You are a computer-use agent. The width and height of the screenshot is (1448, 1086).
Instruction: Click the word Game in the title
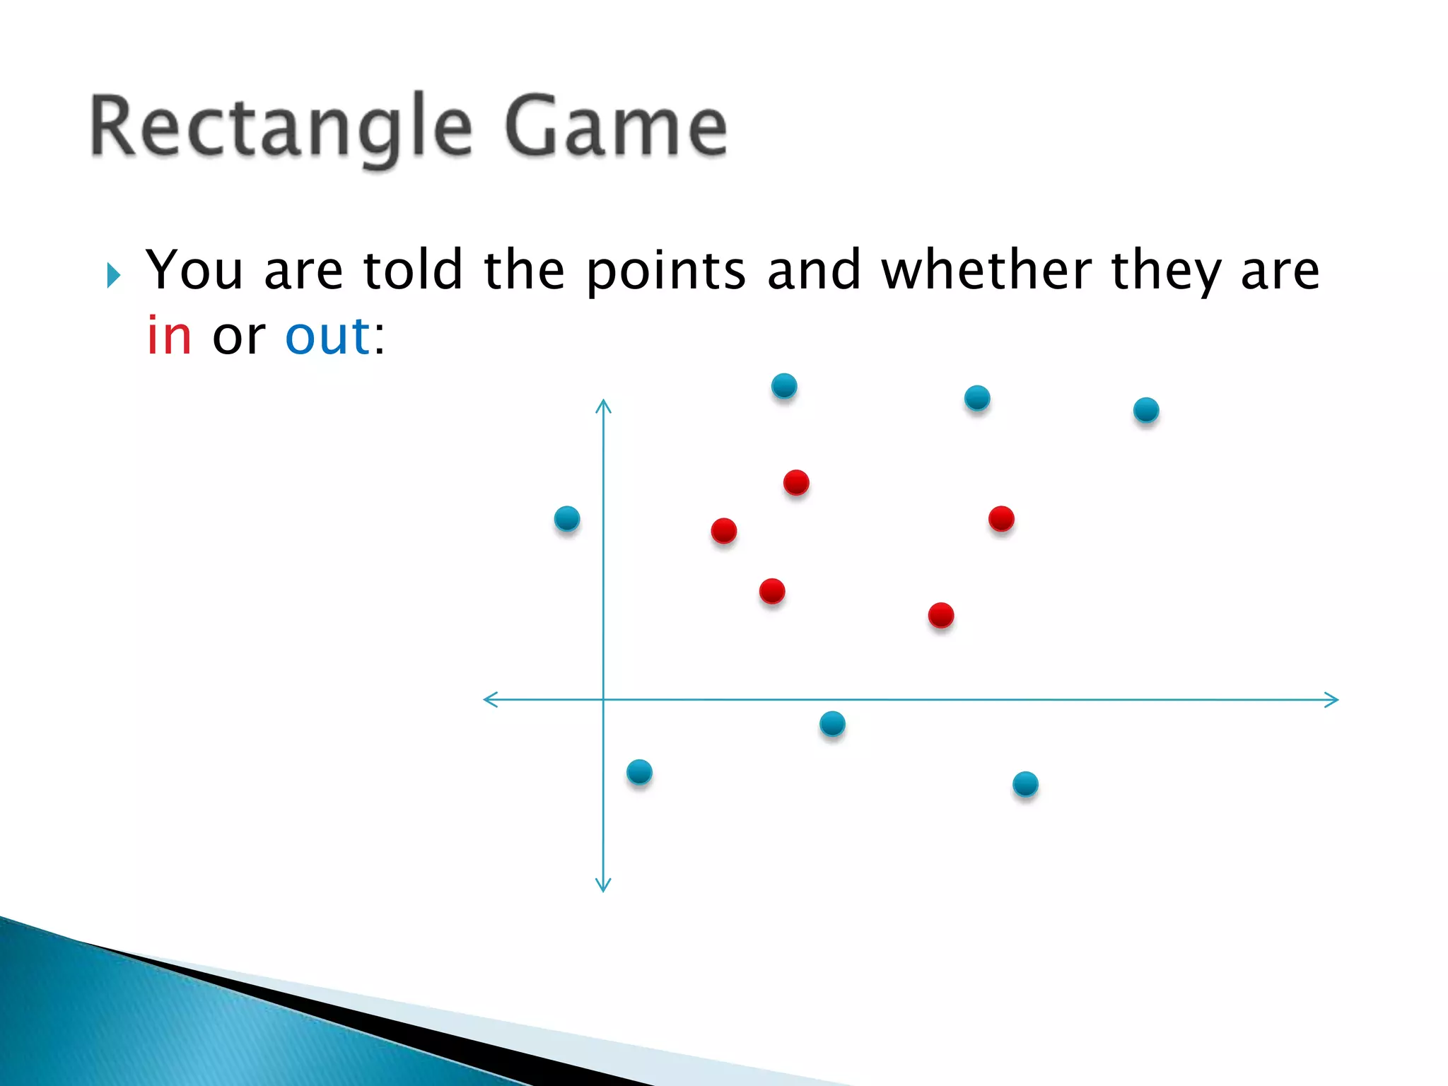[615, 127]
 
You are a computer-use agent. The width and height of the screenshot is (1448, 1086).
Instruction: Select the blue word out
[327, 337]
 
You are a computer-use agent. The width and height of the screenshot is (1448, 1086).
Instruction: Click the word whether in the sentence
[986, 270]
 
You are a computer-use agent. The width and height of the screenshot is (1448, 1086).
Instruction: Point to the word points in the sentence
[666, 271]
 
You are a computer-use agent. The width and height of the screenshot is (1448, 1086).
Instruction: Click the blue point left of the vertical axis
[567, 519]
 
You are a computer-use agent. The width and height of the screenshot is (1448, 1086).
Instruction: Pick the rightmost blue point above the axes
[1146, 410]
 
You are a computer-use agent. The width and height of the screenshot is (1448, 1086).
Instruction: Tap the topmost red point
[796, 483]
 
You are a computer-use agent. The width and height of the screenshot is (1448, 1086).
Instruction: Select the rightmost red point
[1001, 519]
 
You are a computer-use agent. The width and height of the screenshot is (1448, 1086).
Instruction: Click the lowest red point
[941, 615]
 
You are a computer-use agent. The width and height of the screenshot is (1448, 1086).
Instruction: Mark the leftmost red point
[724, 530]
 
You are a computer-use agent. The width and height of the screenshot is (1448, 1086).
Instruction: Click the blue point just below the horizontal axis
[832, 723]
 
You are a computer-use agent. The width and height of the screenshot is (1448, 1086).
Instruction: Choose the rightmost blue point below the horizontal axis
[1025, 784]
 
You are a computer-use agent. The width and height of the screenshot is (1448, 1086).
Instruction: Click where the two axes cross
[603, 700]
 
